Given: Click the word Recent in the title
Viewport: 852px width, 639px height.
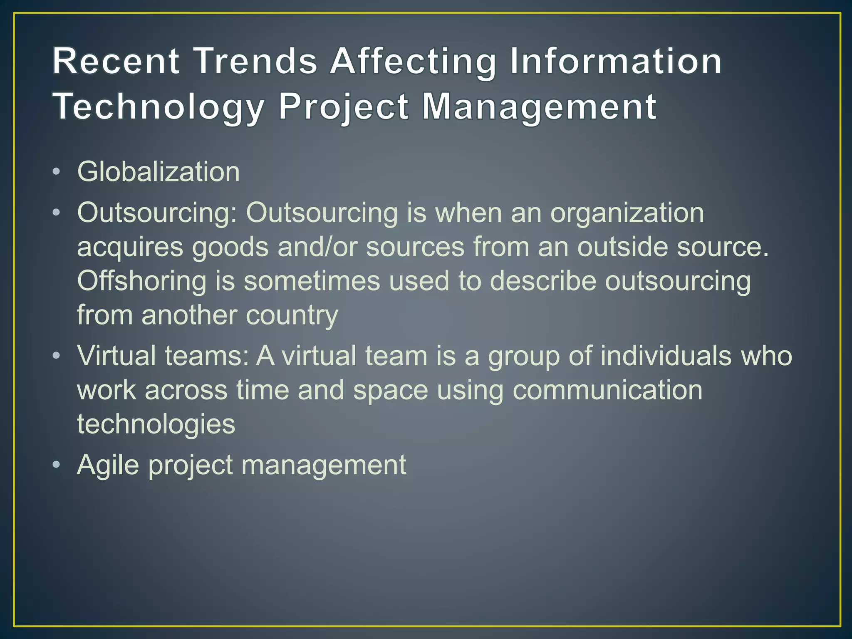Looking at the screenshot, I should coord(116,62).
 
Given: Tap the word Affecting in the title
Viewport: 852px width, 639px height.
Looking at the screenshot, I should coord(413,62).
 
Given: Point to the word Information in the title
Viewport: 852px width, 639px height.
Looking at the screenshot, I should coord(616,62).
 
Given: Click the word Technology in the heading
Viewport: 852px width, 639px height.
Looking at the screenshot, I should coord(158,107).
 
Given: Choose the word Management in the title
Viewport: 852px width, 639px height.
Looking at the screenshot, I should coord(539,107).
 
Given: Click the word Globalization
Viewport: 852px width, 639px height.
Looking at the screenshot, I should coord(159,171).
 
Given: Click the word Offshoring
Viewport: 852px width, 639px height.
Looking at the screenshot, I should coord(141,281).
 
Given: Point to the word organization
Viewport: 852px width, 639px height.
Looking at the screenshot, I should coord(627,213).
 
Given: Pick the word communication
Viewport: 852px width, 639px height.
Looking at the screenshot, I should coord(607,390).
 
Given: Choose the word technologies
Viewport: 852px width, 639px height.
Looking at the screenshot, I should coord(156,424).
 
